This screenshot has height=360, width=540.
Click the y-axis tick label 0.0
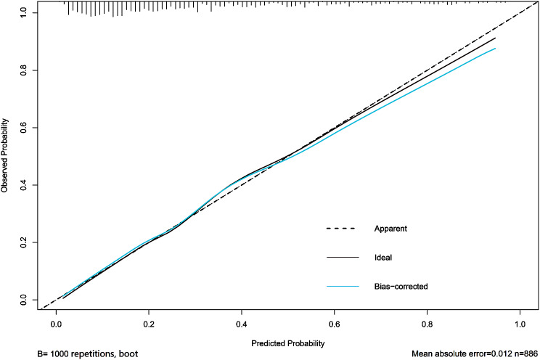(25, 299)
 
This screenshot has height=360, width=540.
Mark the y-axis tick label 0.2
(25, 242)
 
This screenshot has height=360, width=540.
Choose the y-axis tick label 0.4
(25, 184)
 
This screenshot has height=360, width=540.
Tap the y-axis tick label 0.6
(25, 127)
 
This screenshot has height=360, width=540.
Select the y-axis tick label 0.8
(25, 70)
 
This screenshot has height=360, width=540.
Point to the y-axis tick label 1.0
(25, 13)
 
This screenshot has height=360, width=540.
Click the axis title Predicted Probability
(288, 342)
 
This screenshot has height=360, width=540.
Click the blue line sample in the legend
(343, 287)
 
